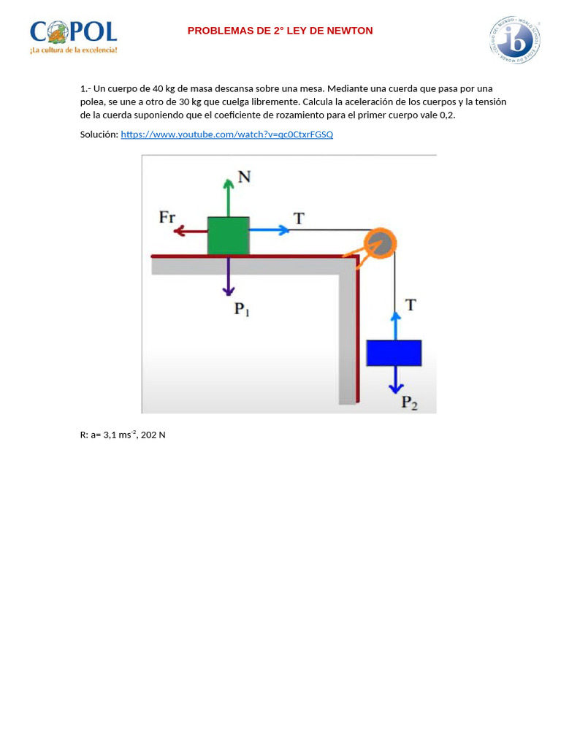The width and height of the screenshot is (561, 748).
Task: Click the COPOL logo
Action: click(x=73, y=37)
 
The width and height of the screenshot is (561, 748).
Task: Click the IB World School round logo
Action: click(x=515, y=40)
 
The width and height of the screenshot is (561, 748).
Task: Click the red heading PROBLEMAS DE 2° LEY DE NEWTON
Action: click(x=280, y=31)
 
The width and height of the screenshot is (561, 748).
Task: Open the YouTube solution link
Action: click(x=226, y=134)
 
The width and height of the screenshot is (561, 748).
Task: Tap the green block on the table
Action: click(x=228, y=235)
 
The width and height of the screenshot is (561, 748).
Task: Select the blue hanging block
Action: click(x=394, y=352)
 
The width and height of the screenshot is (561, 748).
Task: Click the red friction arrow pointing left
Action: click(x=190, y=232)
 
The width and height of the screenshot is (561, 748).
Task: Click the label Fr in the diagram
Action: click(x=167, y=217)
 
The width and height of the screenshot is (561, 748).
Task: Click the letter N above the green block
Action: click(x=244, y=178)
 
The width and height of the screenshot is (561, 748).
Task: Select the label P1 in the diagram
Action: click(x=242, y=309)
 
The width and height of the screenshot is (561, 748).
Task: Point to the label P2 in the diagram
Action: click(x=409, y=402)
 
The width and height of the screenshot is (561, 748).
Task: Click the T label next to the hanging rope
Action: click(x=411, y=305)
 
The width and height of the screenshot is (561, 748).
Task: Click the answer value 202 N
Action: click(x=153, y=435)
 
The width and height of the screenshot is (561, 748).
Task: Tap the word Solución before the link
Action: click(x=99, y=134)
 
